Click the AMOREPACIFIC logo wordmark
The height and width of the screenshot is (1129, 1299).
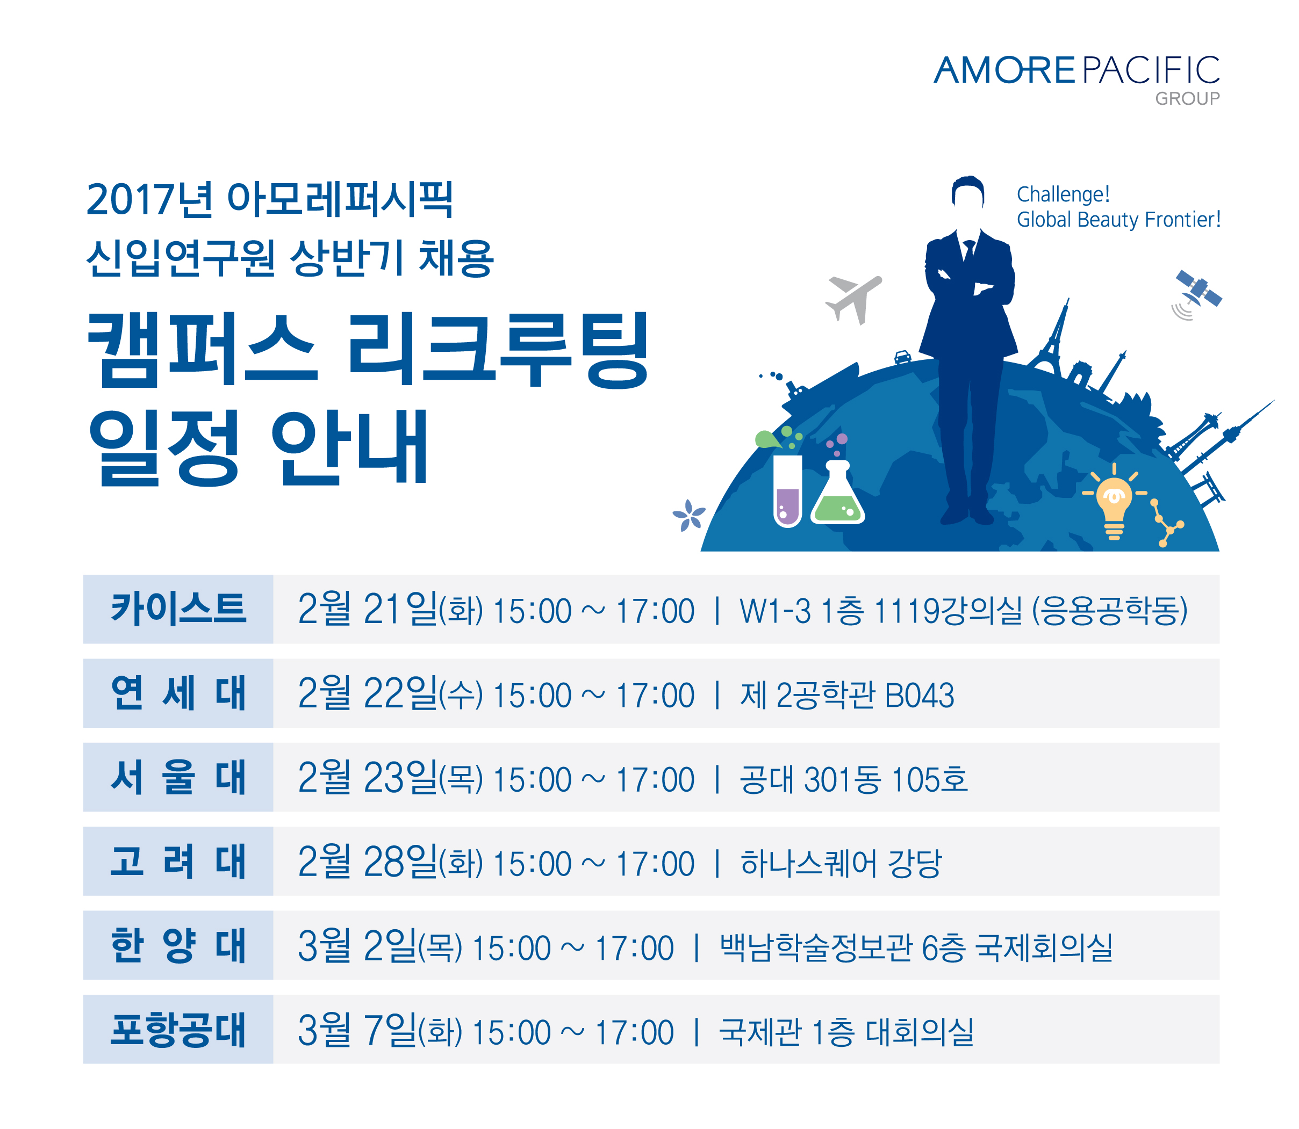pyautogui.click(x=1076, y=70)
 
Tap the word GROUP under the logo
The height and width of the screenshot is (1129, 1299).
pyautogui.click(x=1187, y=99)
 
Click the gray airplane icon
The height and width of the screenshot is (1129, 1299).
pyautogui.click(x=853, y=299)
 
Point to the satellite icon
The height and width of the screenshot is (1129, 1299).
pyautogui.click(x=1196, y=293)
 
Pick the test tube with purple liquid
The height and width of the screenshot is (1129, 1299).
pyautogui.click(x=788, y=491)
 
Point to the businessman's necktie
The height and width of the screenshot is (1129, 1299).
pyautogui.click(x=968, y=251)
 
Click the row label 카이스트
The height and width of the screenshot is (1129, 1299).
pyautogui.click(x=178, y=609)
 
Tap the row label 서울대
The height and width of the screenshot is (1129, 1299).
pyautogui.click(x=178, y=777)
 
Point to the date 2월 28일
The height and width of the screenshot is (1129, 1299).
pyautogui.click(x=368, y=863)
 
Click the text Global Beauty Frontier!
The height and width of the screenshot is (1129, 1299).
pyautogui.click(x=1119, y=219)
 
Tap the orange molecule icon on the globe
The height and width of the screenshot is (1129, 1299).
pyautogui.click(x=1167, y=523)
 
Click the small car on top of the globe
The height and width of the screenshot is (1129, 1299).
pyautogui.click(x=902, y=357)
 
